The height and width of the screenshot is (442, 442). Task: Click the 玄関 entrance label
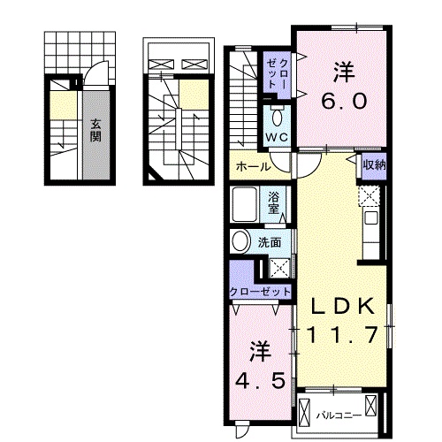click(95, 131)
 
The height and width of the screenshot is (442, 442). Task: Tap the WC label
click(277, 137)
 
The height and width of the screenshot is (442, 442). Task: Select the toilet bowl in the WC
click(277, 118)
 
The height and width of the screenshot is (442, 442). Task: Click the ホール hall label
click(253, 167)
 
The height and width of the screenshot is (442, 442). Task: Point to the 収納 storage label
click(374, 164)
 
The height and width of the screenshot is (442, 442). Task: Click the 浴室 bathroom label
click(273, 203)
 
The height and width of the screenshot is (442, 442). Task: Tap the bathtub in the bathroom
click(244, 204)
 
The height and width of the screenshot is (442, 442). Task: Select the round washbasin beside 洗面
click(240, 240)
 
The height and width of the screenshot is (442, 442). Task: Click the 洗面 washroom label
click(270, 242)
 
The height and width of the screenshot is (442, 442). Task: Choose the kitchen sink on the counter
click(371, 218)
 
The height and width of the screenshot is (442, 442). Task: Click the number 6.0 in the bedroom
click(344, 101)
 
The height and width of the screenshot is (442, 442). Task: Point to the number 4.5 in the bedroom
click(260, 380)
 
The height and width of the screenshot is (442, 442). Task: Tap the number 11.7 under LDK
click(343, 334)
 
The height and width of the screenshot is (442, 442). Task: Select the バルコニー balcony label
click(339, 415)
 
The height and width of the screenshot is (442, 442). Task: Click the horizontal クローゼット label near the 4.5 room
click(260, 292)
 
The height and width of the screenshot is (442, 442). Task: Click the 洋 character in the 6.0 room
click(344, 72)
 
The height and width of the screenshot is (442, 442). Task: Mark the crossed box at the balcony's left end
click(305, 413)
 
